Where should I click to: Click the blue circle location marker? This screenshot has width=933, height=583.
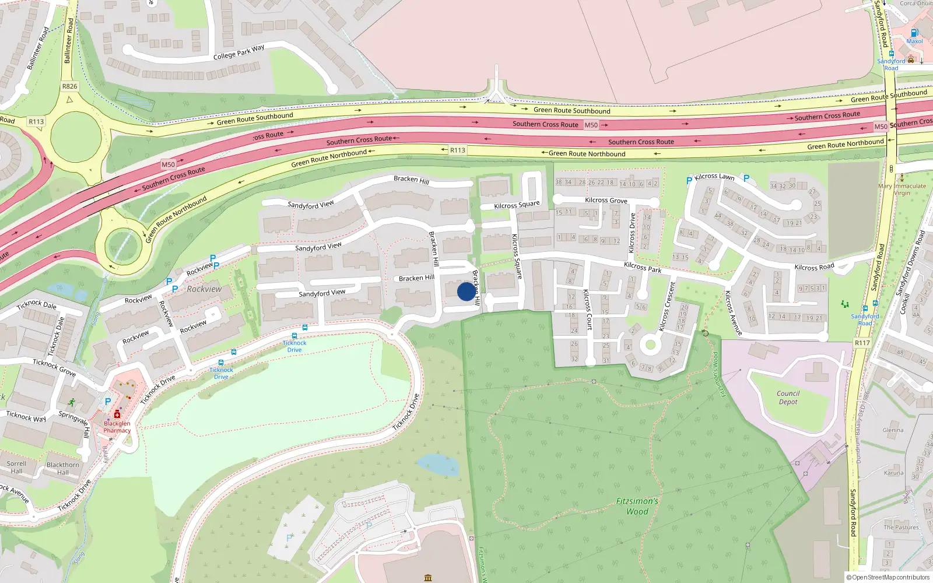466,291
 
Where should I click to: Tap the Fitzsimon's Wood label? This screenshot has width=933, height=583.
637,506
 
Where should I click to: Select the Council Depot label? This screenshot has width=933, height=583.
788,397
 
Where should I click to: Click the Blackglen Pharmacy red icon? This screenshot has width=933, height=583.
117,414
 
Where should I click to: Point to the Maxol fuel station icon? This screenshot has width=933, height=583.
914,33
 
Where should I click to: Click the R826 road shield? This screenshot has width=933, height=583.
69,86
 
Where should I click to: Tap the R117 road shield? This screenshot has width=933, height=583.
862,343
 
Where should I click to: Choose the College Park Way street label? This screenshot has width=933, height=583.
238,52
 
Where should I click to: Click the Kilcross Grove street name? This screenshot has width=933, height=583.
606,200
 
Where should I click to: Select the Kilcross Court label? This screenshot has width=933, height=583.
588,310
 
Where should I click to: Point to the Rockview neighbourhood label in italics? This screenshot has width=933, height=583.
204,289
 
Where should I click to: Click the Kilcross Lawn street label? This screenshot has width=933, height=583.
714,176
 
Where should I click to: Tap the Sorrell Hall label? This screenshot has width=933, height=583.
16,467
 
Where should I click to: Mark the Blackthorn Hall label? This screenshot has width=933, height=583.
62,468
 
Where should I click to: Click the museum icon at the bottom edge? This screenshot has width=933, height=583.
428,578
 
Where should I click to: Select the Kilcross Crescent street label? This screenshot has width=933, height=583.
667,307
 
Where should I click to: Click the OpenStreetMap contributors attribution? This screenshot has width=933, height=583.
888,577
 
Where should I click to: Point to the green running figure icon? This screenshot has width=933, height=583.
71,402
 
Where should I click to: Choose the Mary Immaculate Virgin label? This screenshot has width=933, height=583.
902,189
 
